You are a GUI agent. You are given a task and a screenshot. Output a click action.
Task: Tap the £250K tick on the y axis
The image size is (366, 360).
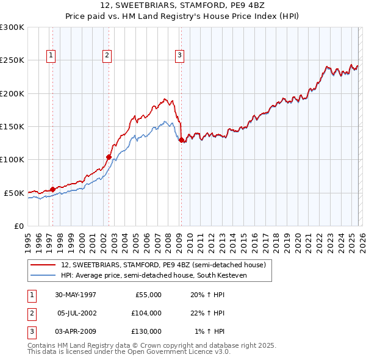[12, 60]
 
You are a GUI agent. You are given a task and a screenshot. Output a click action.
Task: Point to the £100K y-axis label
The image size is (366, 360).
[12, 159]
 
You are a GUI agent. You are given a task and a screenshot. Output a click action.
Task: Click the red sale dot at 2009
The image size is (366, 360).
[181, 140]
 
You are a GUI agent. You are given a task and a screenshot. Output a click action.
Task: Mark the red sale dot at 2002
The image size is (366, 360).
[109, 157]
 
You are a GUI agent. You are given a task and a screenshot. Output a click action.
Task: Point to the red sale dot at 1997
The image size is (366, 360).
[52, 189]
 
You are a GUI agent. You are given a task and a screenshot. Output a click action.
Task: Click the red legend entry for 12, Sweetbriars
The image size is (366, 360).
[163, 265]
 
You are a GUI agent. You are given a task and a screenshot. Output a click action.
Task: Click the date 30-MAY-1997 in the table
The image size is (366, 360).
[76, 295]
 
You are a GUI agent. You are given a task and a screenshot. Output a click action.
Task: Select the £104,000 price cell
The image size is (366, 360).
[146, 313]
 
